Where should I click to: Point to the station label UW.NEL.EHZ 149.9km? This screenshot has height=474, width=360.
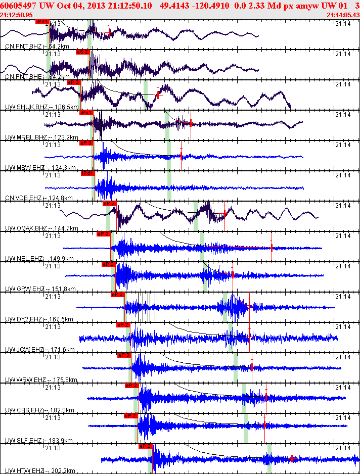[x=39, y=259]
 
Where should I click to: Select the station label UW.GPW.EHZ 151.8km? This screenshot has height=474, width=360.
[x=40, y=289]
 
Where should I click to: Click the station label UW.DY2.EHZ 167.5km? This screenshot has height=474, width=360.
[x=39, y=319]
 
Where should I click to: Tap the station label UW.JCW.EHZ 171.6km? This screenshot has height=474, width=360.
[x=39, y=350]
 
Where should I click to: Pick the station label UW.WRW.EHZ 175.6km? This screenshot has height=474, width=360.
[x=40, y=380]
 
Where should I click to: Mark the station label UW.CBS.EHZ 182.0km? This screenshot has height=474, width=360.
[x=39, y=410]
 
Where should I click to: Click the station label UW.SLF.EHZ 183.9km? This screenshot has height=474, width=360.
[x=39, y=441]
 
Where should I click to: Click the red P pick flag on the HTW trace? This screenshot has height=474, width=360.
[x=145, y=446]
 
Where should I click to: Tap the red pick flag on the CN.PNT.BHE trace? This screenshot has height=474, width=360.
[x=82, y=52]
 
